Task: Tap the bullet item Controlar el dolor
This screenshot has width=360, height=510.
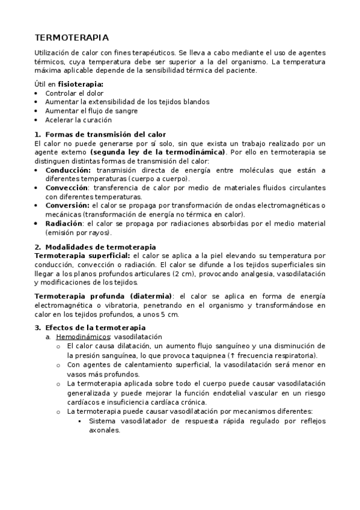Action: (75, 93)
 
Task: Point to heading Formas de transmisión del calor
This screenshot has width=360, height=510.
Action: (105, 134)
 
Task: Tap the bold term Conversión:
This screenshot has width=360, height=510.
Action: (67, 206)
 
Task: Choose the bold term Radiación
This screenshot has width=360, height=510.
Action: (64, 223)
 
